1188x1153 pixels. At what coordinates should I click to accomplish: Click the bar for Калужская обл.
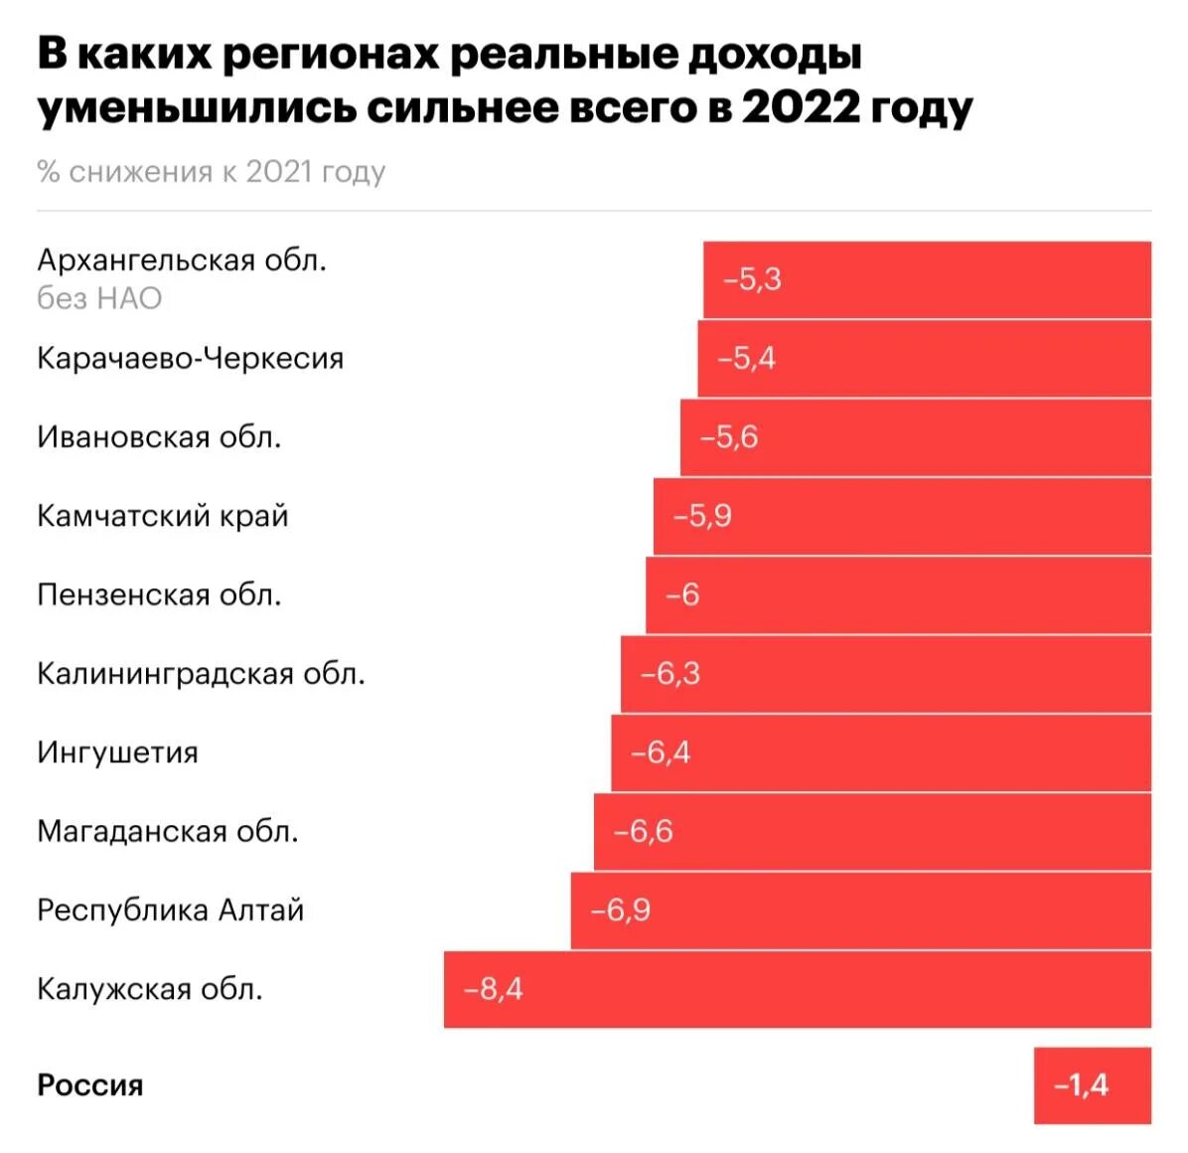(797, 989)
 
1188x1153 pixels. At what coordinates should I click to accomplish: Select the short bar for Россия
(1092, 1084)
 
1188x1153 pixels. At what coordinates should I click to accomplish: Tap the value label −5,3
(752, 279)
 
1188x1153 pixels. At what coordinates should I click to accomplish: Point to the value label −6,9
(620, 910)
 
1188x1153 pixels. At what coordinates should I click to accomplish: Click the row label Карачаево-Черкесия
(190, 358)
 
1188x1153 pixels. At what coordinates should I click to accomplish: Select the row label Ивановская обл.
(159, 436)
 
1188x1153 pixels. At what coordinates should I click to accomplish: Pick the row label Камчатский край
(162, 516)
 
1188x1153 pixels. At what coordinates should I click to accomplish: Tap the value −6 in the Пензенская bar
(682, 594)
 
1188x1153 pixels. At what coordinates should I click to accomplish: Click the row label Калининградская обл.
(201, 674)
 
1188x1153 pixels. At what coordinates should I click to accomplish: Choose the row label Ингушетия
(117, 752)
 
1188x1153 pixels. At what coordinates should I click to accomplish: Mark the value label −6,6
(643, 831)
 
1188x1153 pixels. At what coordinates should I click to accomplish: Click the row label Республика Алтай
(170, 910)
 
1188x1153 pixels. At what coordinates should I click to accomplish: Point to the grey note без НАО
(99, 298)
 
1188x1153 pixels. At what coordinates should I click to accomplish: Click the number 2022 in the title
(801, 106)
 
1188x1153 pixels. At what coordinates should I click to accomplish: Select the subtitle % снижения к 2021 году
(211, 172)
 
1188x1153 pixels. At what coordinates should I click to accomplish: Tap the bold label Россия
(89, 1084)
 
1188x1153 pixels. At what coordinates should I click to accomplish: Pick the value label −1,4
(1081, 1084)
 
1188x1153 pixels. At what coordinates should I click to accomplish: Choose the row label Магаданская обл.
(167, 831)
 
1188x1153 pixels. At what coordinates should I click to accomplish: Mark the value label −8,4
(493, 989)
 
